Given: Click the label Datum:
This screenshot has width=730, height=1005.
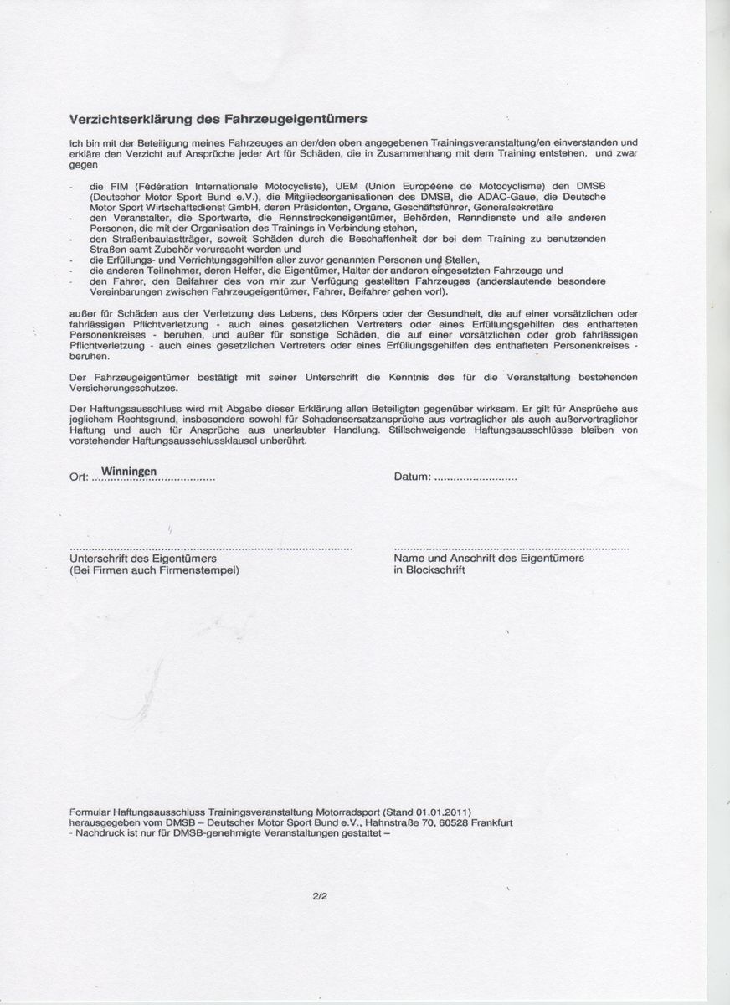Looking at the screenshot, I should point(412,477).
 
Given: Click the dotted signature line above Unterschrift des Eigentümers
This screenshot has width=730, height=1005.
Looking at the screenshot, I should point(209,548).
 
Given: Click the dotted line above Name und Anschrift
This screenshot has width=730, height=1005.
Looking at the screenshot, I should point(511,548).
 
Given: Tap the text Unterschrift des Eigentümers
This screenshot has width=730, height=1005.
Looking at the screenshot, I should point(143,558).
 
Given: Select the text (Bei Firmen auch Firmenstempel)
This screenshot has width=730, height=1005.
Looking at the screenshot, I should point(154,569).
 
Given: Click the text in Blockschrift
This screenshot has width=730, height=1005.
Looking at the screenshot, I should point(429,569).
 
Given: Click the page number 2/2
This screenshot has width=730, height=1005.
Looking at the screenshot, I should point(318,895).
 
